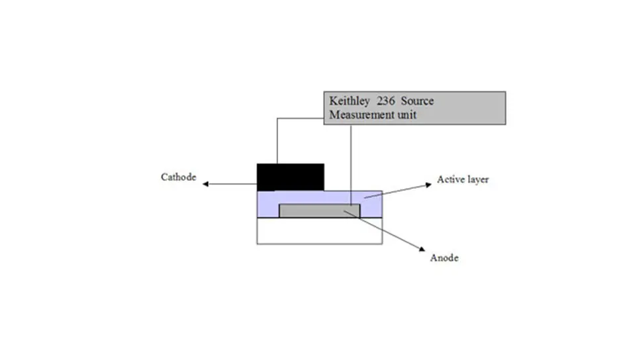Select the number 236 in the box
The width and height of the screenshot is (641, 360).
pyautogui.click(x=386, y=101)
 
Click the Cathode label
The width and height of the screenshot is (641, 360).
pyautogui.click(x=179, y=177)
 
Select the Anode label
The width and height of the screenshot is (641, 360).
pyautogui.click(x=444, y=257)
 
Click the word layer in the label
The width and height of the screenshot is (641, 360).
pyautogui.click(x=478, y=180)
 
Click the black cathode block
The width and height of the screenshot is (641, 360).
pyautogui.click(x=290, y=177)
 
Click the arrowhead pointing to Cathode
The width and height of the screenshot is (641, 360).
pyautogui.click(x=206, y=184)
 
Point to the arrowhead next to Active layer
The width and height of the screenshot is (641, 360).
pyautogui.click(x=428, y=185)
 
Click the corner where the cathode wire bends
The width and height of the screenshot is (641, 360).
pyautogui.click(x=277, y=118)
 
